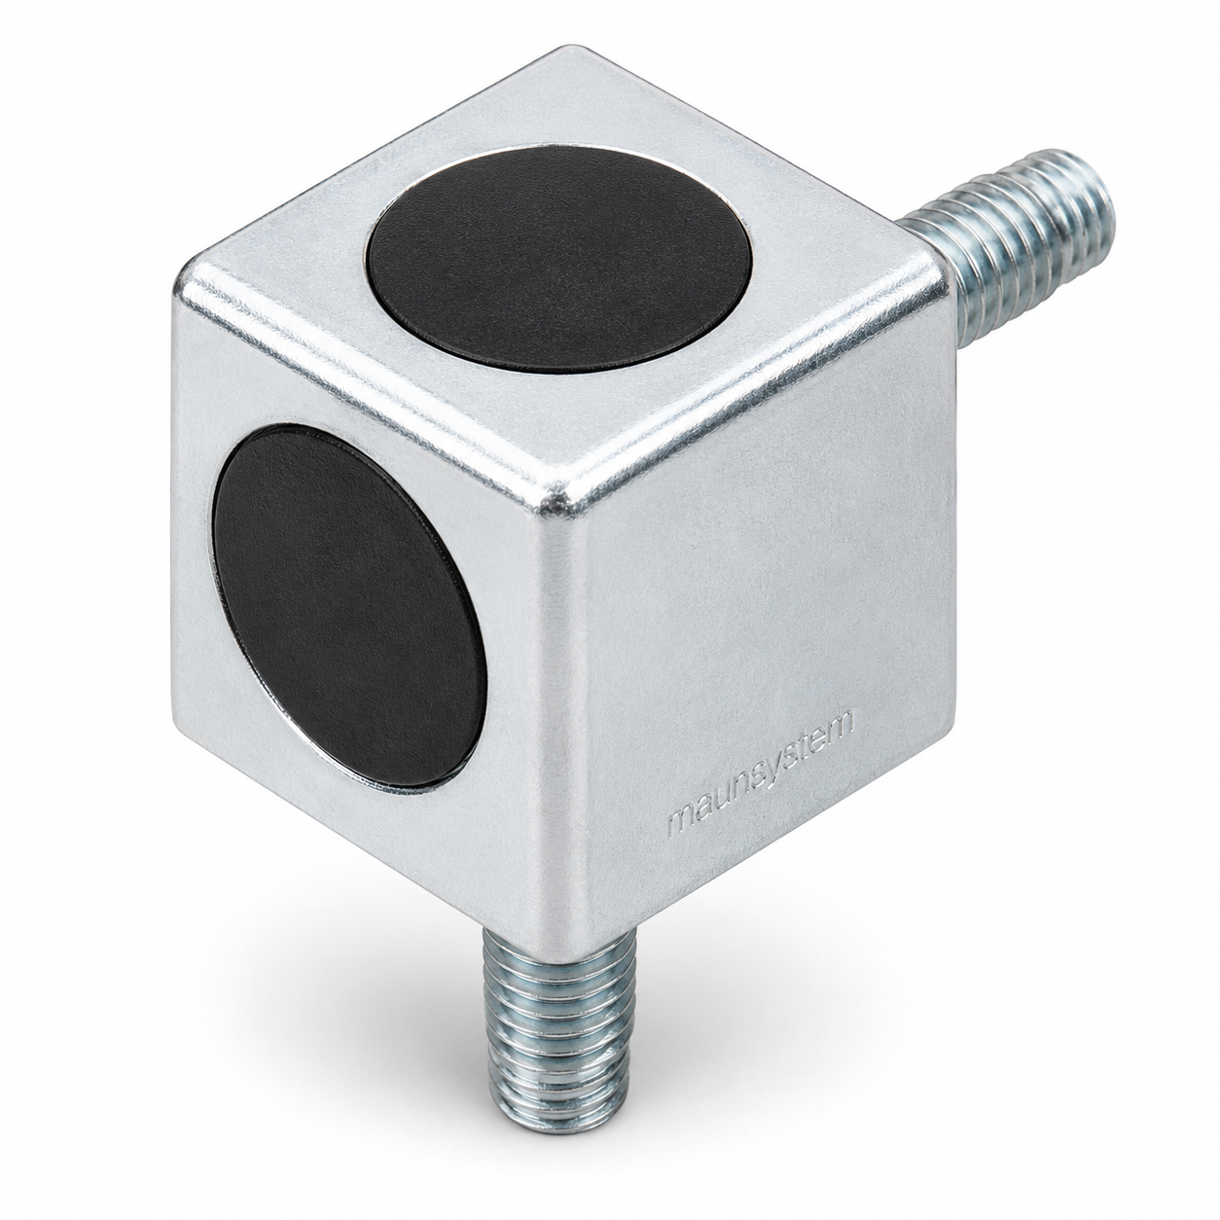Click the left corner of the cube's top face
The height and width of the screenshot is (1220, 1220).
184,278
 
